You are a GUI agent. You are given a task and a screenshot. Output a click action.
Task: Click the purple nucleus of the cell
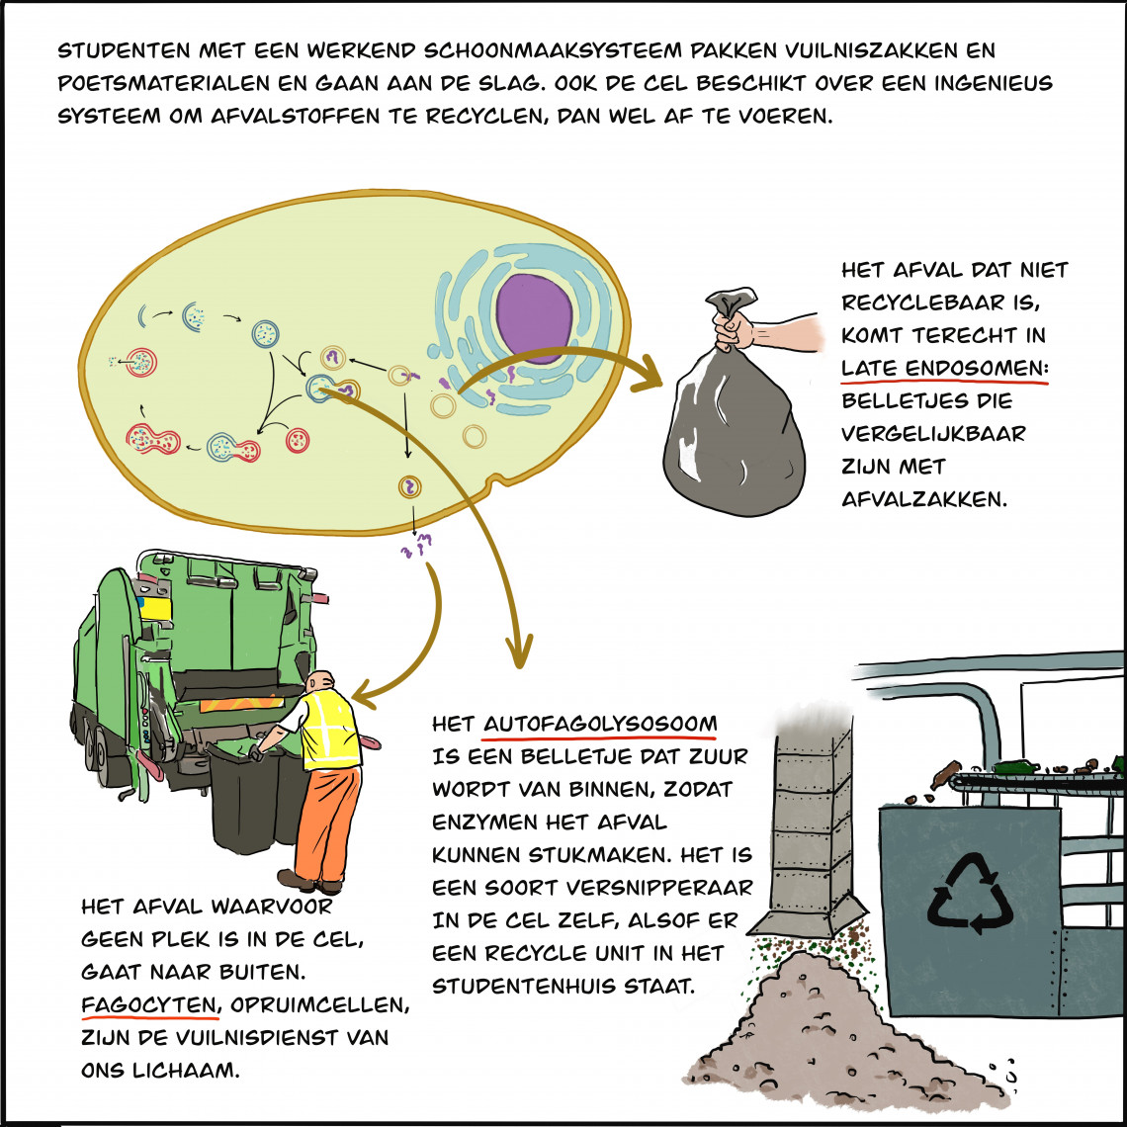[534, 317]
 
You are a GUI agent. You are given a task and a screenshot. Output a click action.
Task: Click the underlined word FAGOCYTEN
[149, 1004]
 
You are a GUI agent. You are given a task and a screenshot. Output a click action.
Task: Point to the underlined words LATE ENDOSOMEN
[944, 368]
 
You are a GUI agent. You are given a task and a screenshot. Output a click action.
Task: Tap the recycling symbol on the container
[970, 894]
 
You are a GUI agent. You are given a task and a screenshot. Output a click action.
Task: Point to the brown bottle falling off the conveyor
[945, 775]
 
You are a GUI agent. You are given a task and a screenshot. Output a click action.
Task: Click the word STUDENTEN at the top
[125, 50]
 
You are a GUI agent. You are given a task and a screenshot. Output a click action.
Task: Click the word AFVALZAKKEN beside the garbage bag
[924, 499]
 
